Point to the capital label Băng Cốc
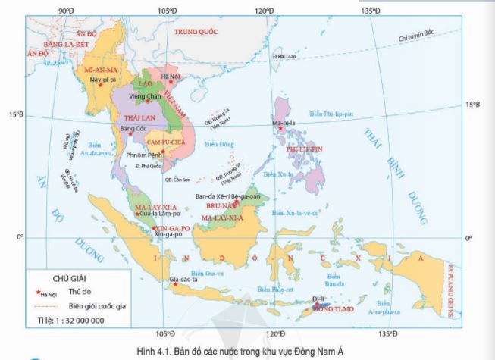(133, 129)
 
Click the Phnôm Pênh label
(142, 155)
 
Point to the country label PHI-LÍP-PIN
(305, 149)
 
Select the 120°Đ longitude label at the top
(264, 9)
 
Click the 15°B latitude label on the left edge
(16, 115)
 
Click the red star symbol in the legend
(38, 291)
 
